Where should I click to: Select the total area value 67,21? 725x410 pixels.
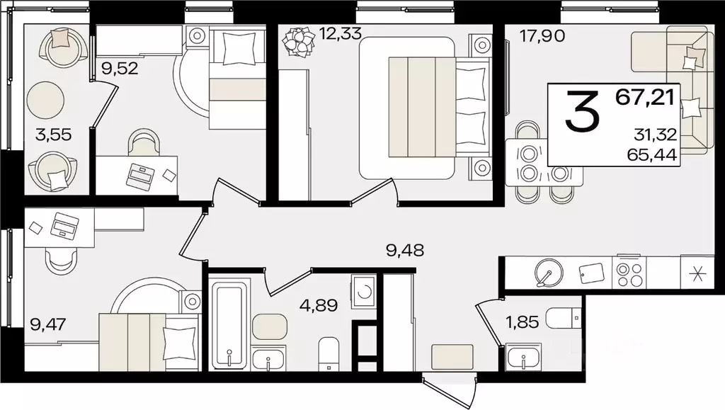[645, 97]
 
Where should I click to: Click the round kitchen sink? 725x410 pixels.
[546, 271]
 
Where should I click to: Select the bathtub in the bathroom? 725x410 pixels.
[228, 323]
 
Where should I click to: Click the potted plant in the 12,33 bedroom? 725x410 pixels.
[297, 41]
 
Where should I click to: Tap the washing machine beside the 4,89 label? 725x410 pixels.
[363, 291]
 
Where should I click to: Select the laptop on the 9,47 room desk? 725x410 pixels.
[65, 225]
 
